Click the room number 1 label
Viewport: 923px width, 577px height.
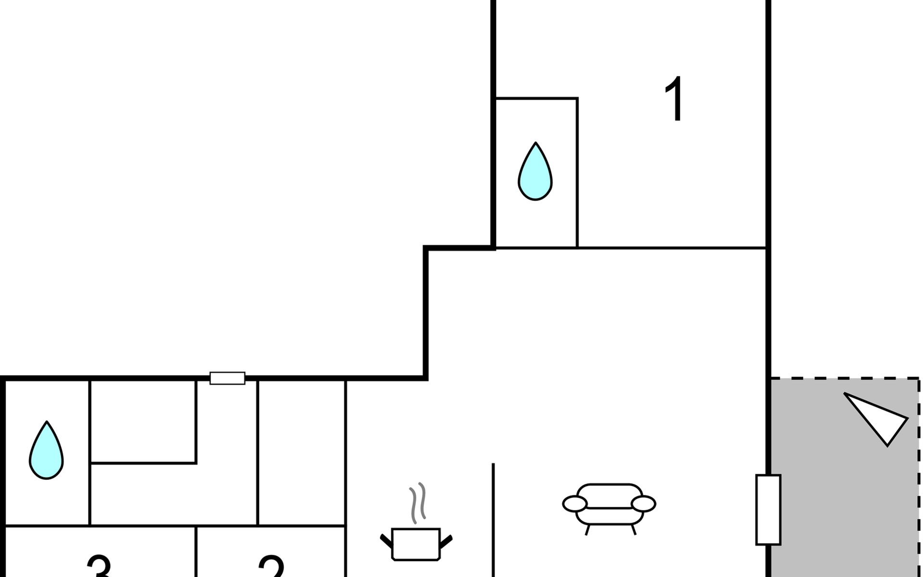click(x=675, y=99)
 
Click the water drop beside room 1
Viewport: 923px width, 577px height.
click(x=535, y=173)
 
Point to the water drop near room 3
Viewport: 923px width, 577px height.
click(x=46, y=452)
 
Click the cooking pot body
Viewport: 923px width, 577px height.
click(x=416, y=544)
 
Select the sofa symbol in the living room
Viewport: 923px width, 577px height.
click(x=609, y=505)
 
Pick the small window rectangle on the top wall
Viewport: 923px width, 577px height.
click(x=227, y=378)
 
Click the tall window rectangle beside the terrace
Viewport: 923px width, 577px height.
click(x=768, y=510)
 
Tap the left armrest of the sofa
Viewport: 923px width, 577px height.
click(x=575, y=504)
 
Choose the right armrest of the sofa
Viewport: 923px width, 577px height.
click(x=643, y=504)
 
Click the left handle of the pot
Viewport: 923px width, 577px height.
click(x=386, y=541)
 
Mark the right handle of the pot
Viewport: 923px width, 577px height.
click(x=446, y=541)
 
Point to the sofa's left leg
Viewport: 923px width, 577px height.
click(x=587, y=529)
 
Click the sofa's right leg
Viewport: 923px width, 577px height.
click(x=633, y=529)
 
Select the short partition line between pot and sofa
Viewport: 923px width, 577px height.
click(x=493, y=519)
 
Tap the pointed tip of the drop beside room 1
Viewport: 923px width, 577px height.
click(x=536, y=143)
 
